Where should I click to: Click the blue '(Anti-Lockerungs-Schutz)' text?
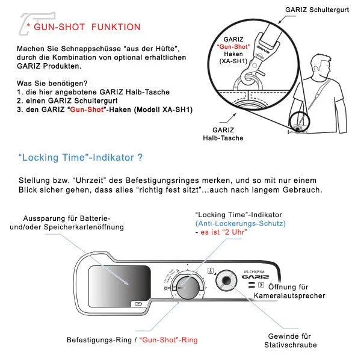pyautogui.click(x=240, y=223)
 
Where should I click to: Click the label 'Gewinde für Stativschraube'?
pyautogui.click(x=291, y=340)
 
